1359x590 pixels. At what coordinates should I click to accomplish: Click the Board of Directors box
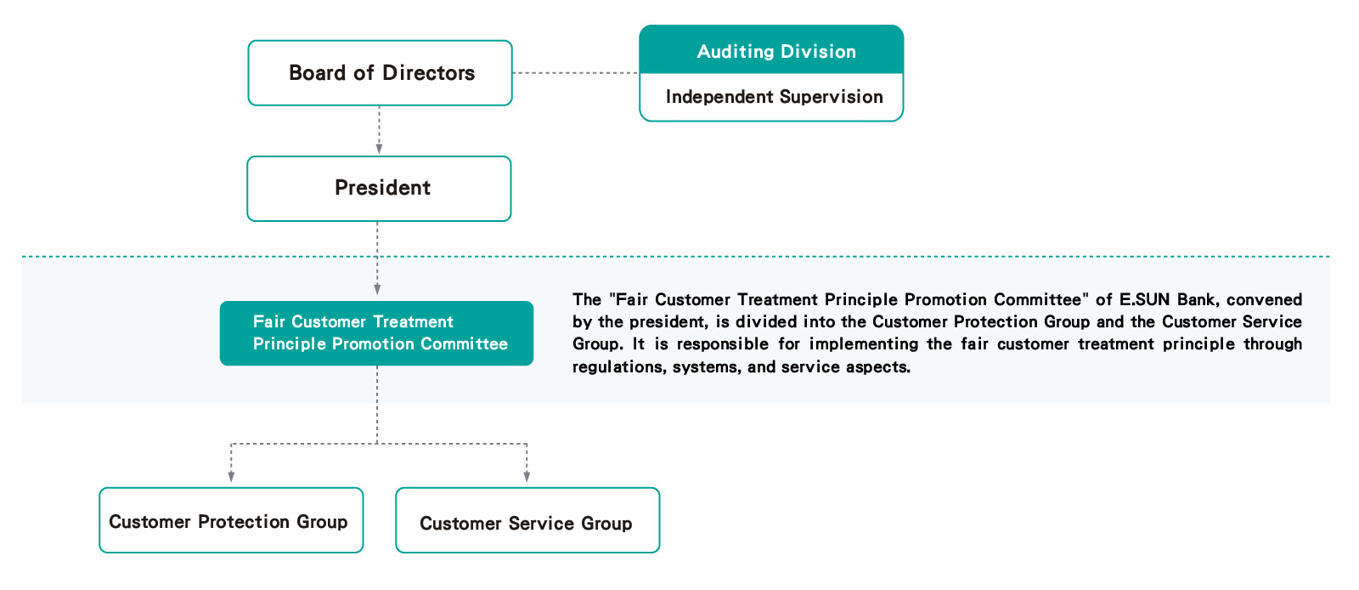point(380,73)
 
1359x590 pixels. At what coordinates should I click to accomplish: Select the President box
point(379,189)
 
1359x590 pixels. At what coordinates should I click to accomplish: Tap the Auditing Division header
point(771,50)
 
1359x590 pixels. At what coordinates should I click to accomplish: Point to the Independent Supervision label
point(774,97)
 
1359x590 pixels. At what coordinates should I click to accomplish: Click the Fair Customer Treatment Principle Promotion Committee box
point(377,333)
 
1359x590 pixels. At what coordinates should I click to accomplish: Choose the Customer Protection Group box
point(231,520)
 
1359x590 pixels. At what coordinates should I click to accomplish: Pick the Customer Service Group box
point(527,520)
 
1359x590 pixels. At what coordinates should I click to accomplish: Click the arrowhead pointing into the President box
point(379,149)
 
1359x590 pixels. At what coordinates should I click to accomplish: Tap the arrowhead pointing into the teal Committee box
point(377,290)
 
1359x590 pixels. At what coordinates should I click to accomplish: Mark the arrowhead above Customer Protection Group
point(231,477)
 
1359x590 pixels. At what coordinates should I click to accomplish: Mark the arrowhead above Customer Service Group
point(527,477)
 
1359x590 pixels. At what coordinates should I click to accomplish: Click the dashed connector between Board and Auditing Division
point(576,73)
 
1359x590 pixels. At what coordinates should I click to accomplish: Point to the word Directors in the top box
point(428,73)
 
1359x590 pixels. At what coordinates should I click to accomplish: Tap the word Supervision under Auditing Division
point(832,97)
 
